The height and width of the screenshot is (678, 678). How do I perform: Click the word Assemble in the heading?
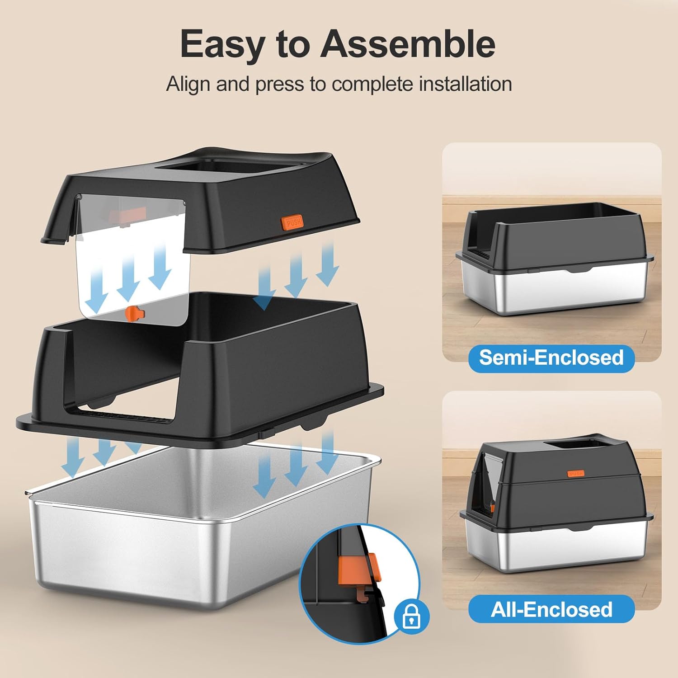point(408,44)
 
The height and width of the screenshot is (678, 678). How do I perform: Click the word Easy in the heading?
point(221,44)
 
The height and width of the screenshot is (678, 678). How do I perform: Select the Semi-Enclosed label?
point(551,358)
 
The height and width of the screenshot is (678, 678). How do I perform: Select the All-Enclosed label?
point(551,609)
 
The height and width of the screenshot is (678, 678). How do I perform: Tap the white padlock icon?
point(411,617)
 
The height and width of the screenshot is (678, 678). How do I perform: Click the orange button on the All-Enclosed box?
point(576,473)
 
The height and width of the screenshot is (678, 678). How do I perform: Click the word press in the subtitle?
point(281,85)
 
